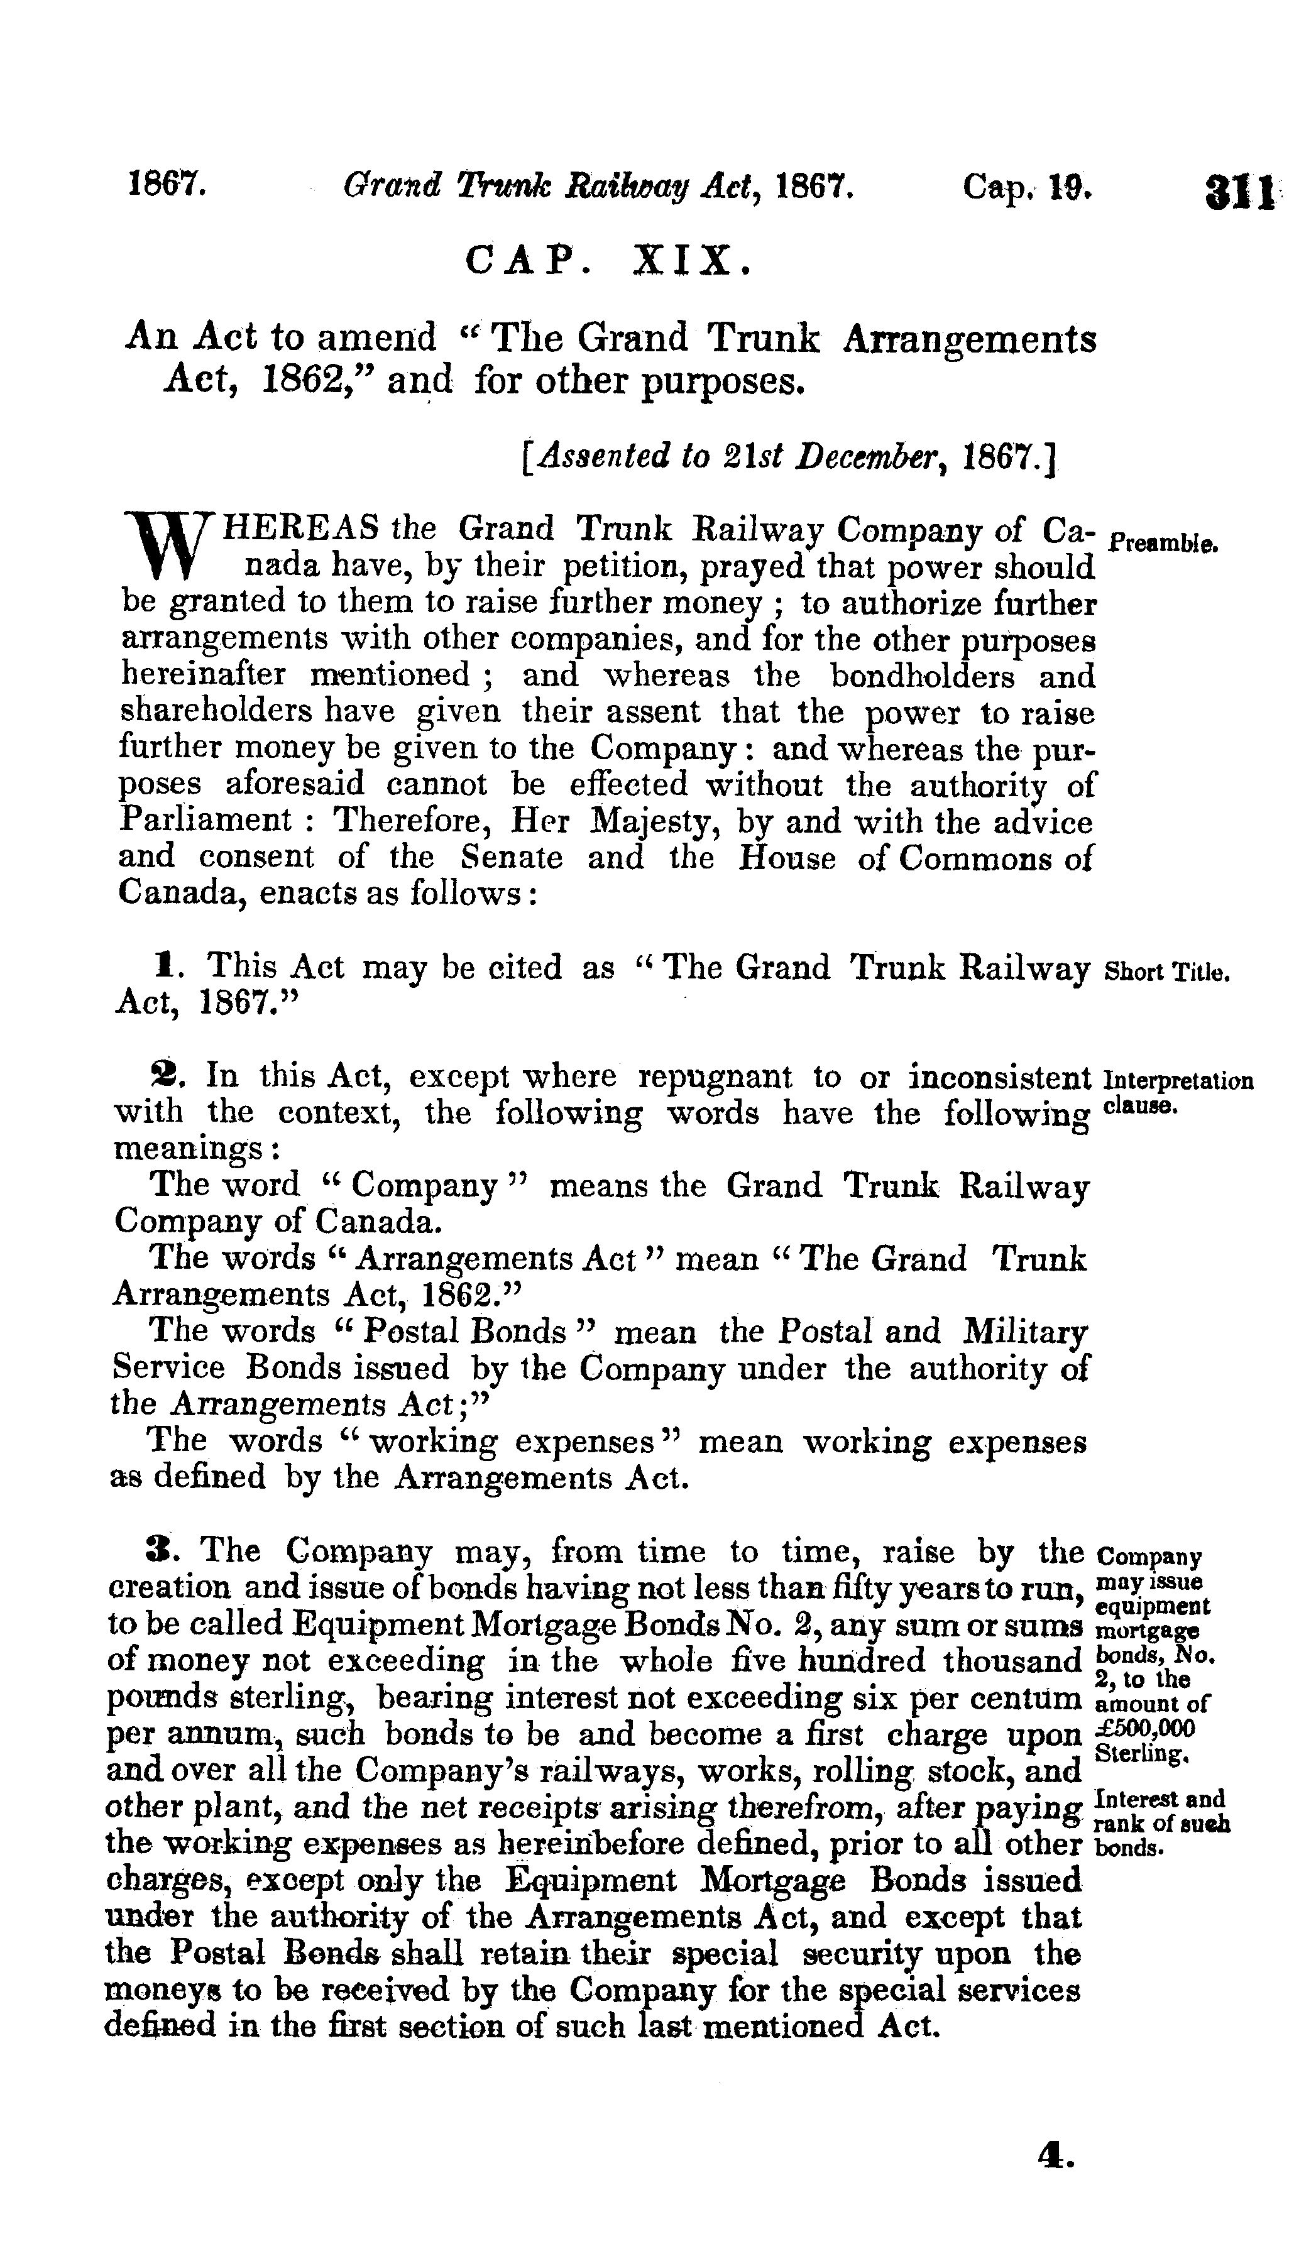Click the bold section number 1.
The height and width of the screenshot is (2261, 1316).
(x=163, y=966)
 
